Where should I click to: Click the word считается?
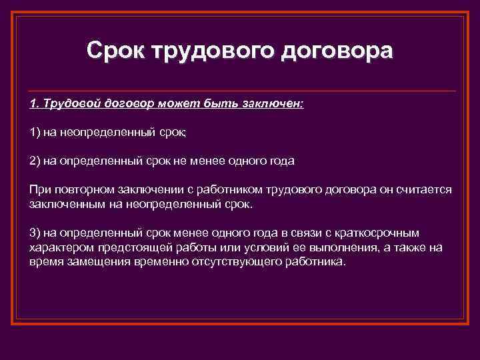tap(424, 189)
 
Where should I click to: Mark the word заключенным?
tap(64, 203)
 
